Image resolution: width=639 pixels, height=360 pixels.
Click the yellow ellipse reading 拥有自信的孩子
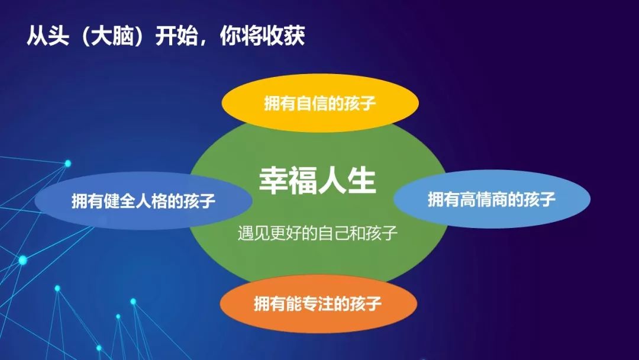point(320,103)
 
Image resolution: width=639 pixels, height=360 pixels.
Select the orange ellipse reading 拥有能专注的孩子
point(318,304)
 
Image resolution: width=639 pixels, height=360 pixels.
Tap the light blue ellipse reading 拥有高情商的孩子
point(492,200)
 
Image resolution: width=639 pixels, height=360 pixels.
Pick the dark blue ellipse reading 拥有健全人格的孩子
point(143,201)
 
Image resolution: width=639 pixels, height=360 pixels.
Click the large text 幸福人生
point(318,181)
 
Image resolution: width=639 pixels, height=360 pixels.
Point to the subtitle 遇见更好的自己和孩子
point(318,233)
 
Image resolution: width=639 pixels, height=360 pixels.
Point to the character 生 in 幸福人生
point(362,181)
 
